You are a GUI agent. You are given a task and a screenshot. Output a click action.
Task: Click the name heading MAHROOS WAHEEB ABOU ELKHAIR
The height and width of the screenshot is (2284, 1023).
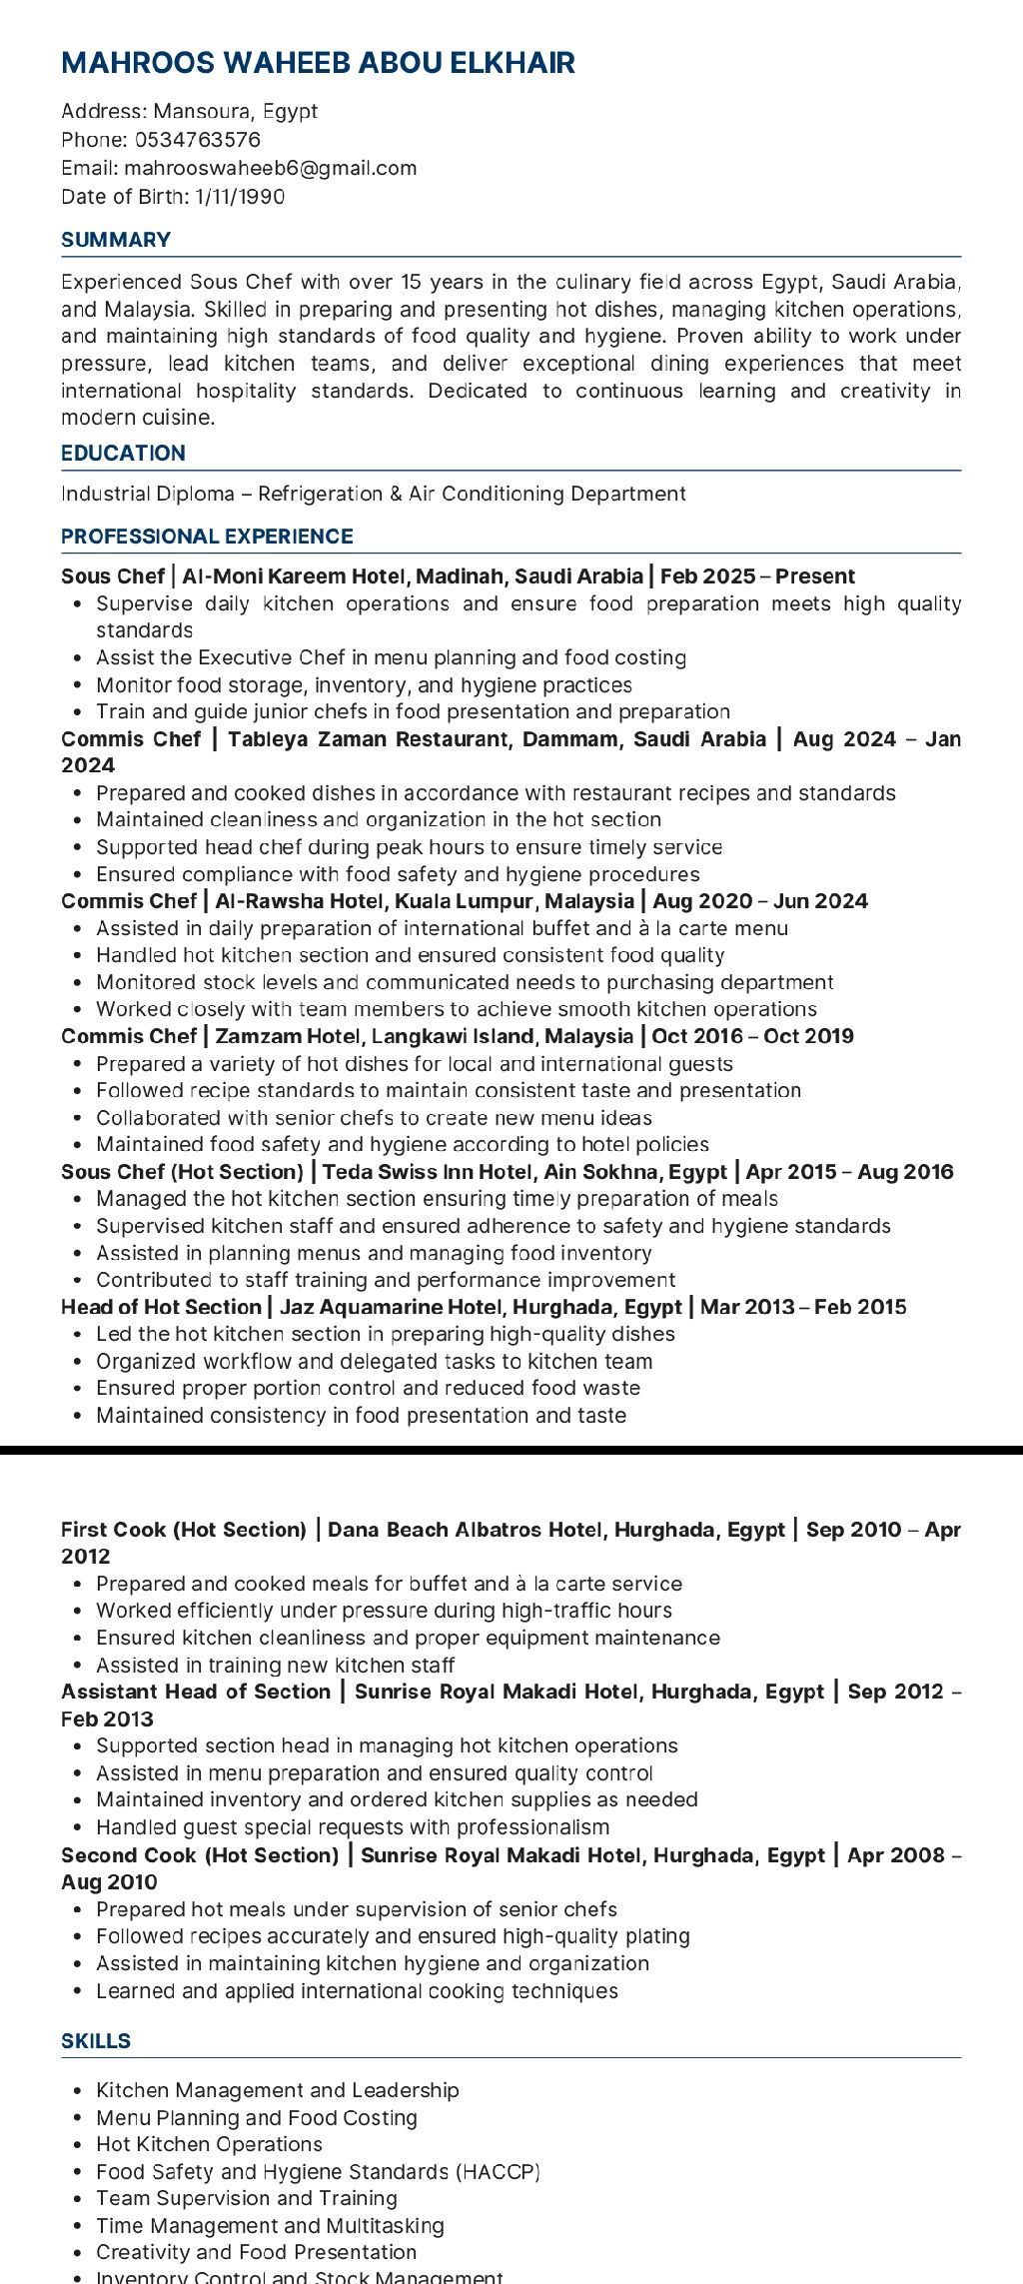click(x=318, y=63)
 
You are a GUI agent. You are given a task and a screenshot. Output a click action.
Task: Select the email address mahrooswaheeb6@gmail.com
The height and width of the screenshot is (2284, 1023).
click(x=270, y=168)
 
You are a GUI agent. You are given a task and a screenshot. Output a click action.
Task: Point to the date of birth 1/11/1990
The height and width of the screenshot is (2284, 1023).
click(x=240, y=196)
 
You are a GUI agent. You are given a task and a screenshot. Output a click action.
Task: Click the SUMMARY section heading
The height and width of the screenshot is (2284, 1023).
click(x=116, y=240)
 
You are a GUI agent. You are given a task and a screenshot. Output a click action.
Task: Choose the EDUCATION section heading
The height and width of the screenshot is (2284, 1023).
click(x=123, y=454)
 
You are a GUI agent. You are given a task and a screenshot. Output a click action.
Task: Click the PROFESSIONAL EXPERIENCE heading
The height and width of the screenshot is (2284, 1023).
click(x=207, y=537)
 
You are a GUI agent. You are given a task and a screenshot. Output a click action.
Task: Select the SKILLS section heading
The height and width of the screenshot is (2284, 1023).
click(x=96, y=2040)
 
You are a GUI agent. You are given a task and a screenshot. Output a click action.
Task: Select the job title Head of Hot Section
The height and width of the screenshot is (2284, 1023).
click(x=161, y=1307)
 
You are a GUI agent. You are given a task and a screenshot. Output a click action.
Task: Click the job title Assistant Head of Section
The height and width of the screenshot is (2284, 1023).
click(x=196, y=1692)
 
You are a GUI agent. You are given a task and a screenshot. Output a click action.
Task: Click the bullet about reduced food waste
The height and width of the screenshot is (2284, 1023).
click(x=368, y=1388)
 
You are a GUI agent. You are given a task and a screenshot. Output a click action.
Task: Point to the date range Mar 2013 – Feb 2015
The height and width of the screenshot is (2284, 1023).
click(x=803, y=1307)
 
